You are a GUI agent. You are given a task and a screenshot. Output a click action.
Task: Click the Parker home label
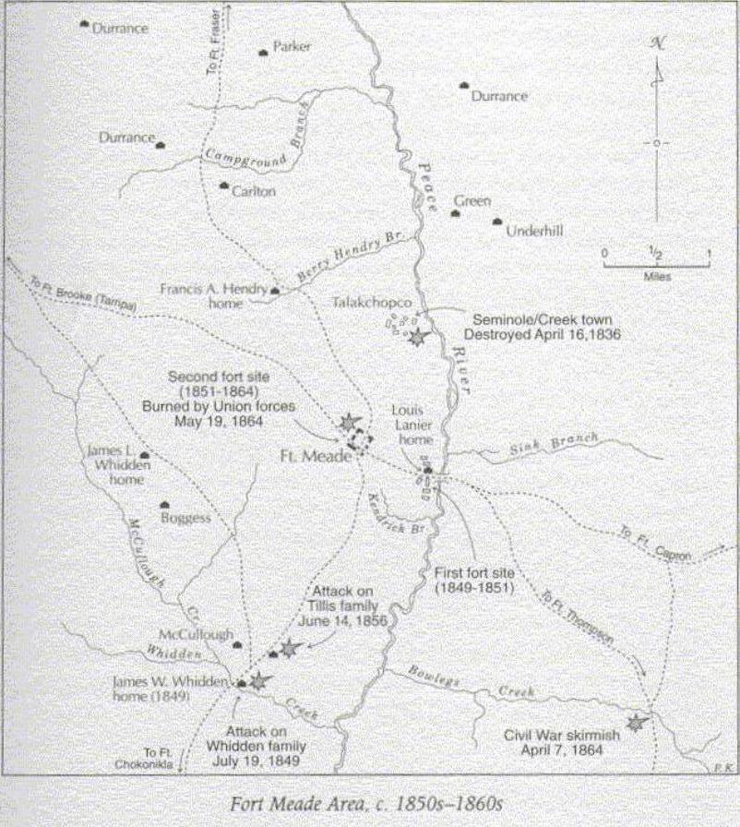pyautogui.click(x=292, y=46)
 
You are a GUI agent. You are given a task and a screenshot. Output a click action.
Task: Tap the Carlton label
pyautogui.click(x=253, y=191)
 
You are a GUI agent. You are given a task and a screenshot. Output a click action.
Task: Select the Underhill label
pyautogui.click(x=534, y=232)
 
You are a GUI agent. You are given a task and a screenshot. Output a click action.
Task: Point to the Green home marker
pyautogui.click(x=455, y=213)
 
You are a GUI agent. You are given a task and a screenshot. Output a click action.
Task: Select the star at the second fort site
pyautogui.click(x=349, y=423)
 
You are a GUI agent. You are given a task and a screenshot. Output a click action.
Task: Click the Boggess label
pyautogui.click(x=186, y=518)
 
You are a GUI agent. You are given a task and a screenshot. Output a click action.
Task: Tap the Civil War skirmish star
pyautogui.click(x=635, y=723)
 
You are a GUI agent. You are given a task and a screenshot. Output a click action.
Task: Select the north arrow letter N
pyautogui.click(x=657, y=42)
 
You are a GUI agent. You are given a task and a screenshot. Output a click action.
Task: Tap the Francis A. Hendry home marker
pyautogui.click(x=275, y=291)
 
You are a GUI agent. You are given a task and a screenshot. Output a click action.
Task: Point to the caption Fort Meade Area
pyautogui.click(x=368, y=802)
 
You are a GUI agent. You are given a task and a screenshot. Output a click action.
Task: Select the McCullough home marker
pyautogui.click(x=238, y=645)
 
